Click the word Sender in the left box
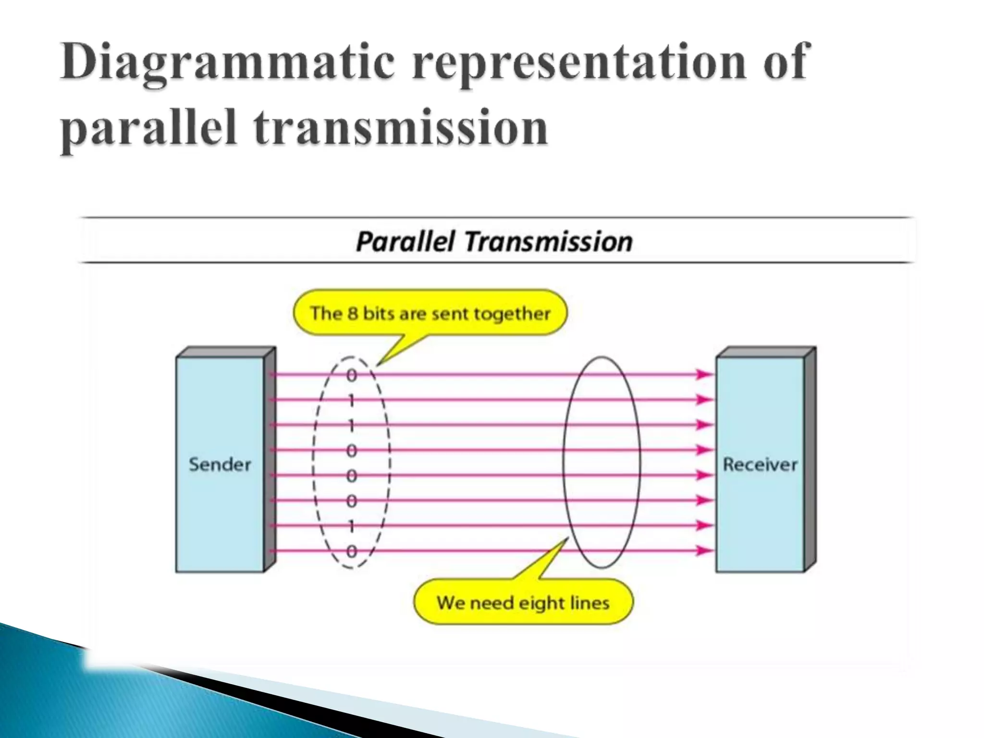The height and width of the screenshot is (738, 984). click(x=220, y=465)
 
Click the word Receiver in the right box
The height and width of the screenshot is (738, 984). click(x=760, y=465)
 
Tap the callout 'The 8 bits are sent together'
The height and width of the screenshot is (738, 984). click(x=430, y=314)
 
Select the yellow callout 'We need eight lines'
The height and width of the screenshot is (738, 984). click(x=523, y=603)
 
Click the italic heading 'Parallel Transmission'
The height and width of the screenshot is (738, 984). click(x=494, y=242)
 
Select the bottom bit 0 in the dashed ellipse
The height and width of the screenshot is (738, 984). click(x=352, y=552)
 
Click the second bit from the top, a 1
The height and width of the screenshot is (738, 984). click(x=352, y=400)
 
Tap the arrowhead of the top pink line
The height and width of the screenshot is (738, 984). click(x=704, y=374)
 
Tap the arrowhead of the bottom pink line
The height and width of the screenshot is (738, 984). click(x=704, y=551)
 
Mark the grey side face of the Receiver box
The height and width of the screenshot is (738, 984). click(x=810, y=459)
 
